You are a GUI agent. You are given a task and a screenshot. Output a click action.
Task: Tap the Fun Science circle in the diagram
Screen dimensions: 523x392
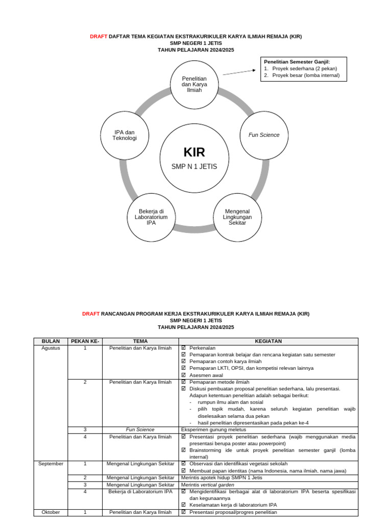264,135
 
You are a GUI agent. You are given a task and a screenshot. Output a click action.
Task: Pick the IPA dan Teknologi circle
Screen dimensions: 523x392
125,135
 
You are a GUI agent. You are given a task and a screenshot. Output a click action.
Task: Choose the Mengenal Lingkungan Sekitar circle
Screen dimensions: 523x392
237,217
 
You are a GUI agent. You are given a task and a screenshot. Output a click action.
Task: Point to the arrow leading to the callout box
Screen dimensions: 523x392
239,73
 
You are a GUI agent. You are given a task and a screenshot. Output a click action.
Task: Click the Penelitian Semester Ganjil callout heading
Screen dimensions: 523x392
297,62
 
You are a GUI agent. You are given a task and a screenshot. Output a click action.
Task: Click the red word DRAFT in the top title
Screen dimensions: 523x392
99,37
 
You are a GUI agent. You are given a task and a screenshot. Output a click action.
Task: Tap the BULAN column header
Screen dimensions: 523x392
51,341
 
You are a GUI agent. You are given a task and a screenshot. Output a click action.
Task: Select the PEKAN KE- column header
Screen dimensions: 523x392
85,341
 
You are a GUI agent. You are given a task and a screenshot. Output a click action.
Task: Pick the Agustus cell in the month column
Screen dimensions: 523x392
51,348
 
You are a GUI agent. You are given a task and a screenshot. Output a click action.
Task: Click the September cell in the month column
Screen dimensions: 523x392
51,464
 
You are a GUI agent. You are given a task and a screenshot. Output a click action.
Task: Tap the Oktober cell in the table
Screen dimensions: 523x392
51,512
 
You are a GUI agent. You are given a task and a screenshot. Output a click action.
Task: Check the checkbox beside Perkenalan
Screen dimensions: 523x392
184,348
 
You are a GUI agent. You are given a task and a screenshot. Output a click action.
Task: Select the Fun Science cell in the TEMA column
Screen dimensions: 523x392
140,430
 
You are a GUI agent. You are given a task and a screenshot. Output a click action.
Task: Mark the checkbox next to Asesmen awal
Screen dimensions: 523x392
184,375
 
